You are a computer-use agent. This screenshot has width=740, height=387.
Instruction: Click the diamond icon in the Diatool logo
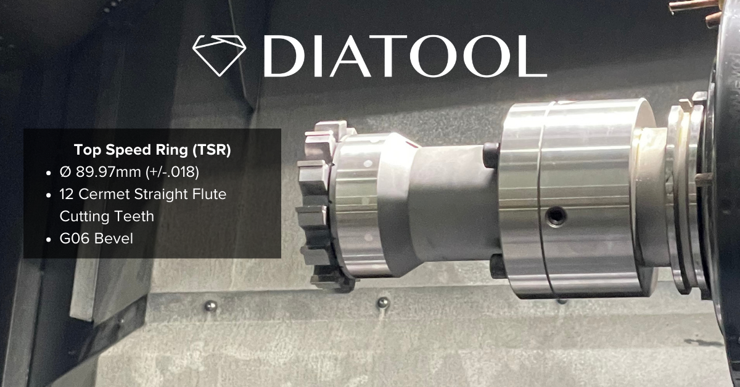(x=219, y=55)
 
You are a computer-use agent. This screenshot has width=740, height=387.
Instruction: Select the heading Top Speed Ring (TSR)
(x=152, y=150)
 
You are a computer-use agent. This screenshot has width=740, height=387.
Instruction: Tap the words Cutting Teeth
(x=107, y=216)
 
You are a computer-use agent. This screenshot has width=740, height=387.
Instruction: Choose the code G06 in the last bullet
(x=74, y=238)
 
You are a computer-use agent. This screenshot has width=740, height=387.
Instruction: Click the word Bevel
(x=113, y=238)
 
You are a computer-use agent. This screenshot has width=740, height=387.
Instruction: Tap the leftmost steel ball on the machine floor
(x=211, y=306)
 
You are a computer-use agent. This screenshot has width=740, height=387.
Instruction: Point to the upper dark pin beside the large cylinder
(x=491, y=155)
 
